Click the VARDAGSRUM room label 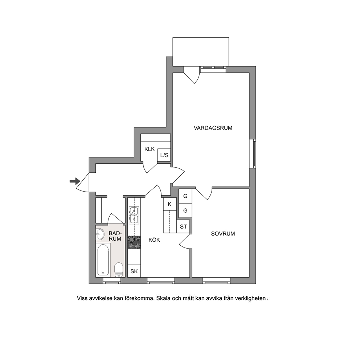213,128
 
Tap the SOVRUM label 223,234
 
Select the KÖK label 154,240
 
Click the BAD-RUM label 115,236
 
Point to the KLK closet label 150,149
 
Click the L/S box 164,155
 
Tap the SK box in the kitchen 134,271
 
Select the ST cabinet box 183,226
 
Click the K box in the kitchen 170,204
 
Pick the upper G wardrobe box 185,196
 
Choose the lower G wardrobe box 185,210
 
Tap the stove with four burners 134,242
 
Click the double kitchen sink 134,215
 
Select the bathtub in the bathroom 103,259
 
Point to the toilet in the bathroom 118,270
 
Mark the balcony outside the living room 201,52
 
